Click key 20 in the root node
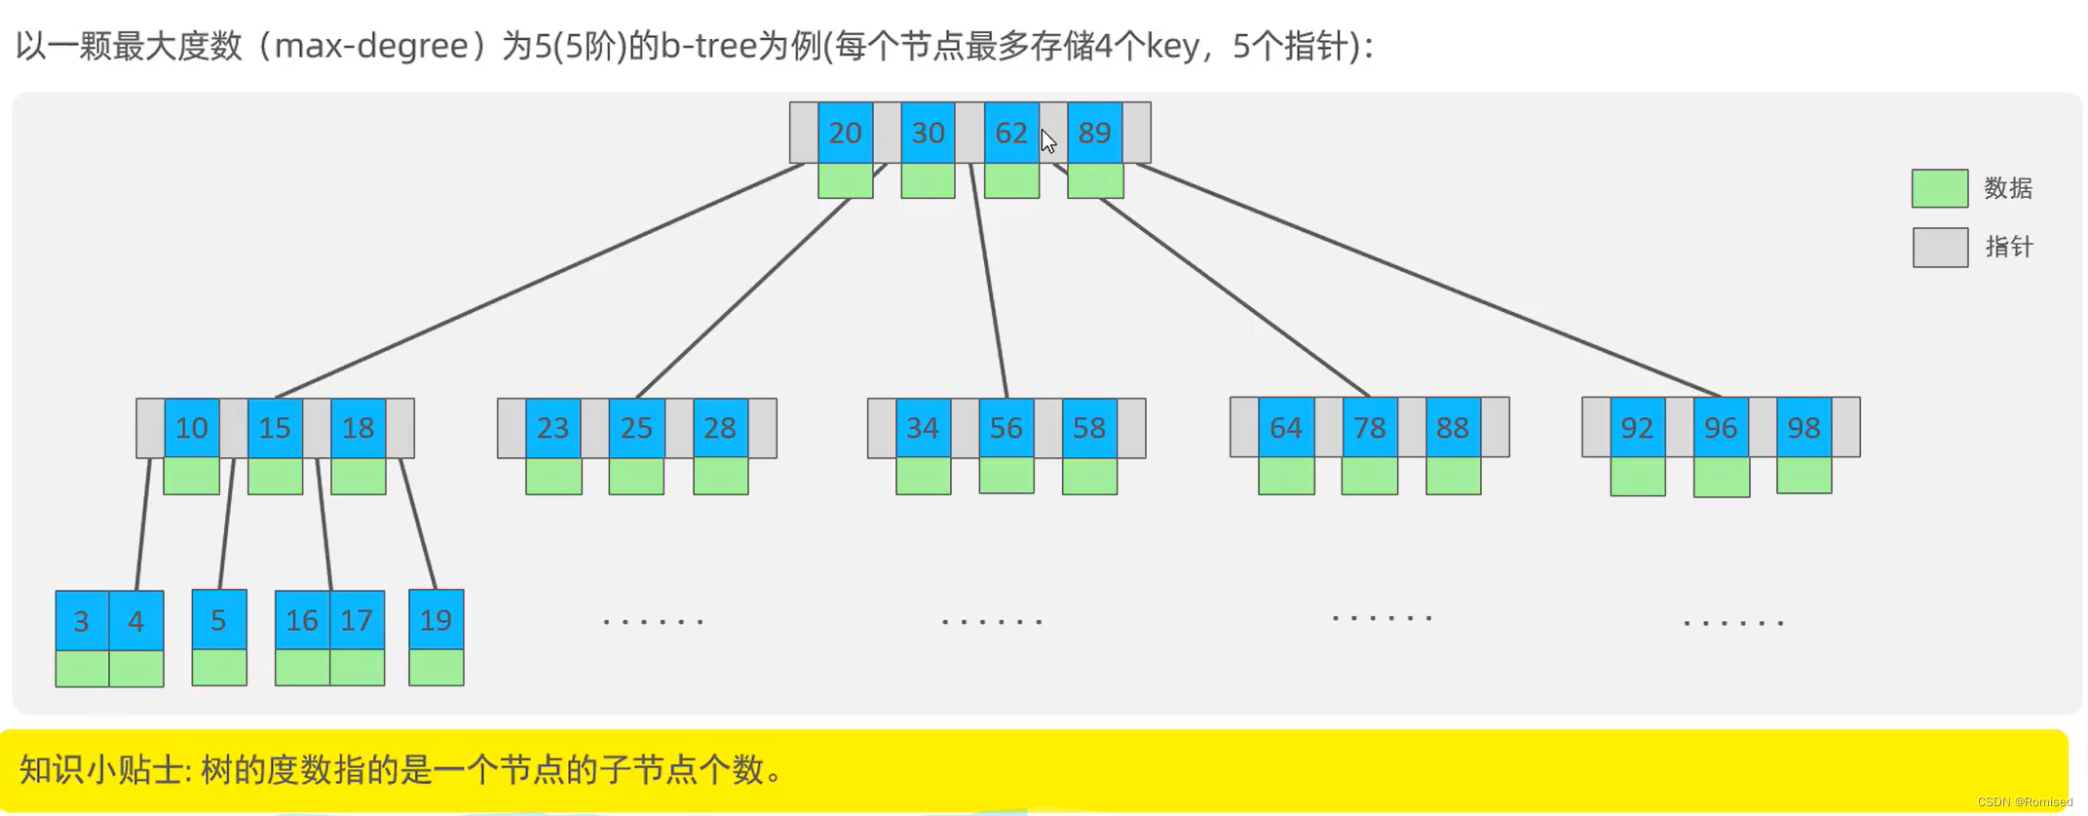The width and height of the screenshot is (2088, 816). coord(845,133)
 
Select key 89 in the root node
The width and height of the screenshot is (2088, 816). coord(1094,133)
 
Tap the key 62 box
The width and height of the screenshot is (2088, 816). coord(1010,133)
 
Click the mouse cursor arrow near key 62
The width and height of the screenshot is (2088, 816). coord(1048,141)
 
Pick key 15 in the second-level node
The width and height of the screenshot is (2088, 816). coord(275,428)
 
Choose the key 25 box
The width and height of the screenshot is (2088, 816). coord(636,428)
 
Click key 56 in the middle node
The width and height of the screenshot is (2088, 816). coord(1006,428)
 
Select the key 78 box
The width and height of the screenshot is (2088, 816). coord(1369,428)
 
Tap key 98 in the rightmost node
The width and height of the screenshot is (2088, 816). coord(1803,428)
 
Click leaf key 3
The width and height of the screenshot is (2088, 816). coord(82,621)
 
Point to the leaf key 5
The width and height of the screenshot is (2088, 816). coord(218,620)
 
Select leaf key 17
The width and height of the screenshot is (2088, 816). coord(357,621)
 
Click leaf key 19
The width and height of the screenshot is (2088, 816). coord(436,620)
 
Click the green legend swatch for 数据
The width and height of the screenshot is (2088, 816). coord(1939,188)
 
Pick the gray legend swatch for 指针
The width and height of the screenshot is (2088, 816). coord(1939,248)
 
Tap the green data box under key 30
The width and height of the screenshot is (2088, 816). coord(928,181)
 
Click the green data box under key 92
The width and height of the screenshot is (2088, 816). coord(1637,477)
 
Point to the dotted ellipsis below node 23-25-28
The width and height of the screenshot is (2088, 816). coord(653,621)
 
